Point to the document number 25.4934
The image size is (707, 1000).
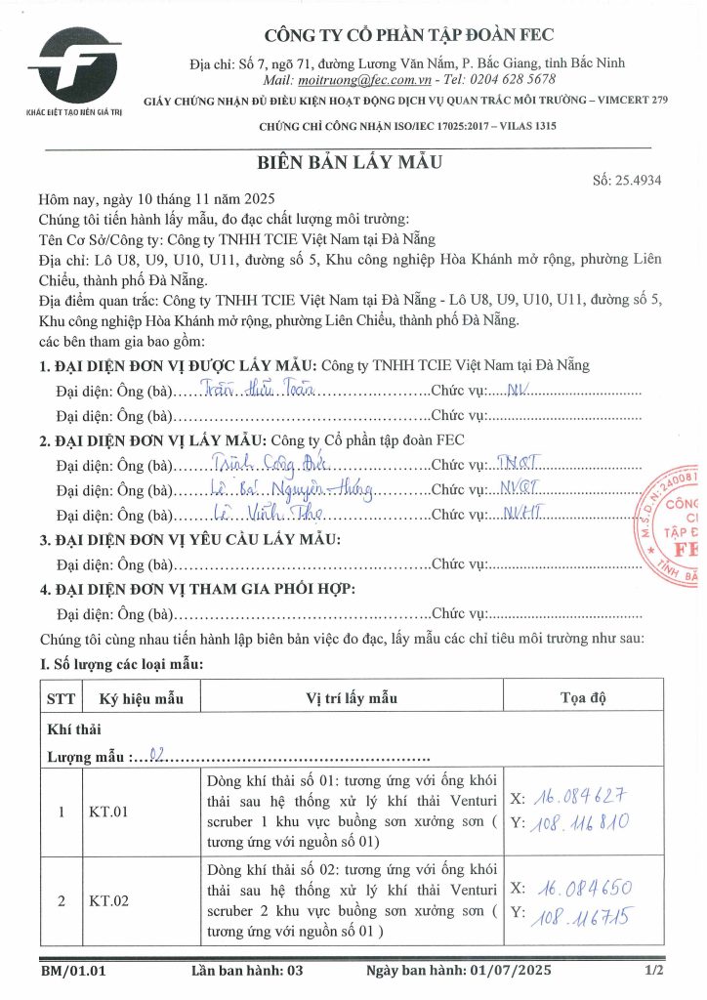coord(639,181)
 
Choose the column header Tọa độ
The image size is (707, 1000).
coord(583,698)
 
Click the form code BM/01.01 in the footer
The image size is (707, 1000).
coord(73,972)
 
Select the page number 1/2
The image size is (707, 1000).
coord(654,972)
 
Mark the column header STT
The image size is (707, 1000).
coord(61,698)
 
